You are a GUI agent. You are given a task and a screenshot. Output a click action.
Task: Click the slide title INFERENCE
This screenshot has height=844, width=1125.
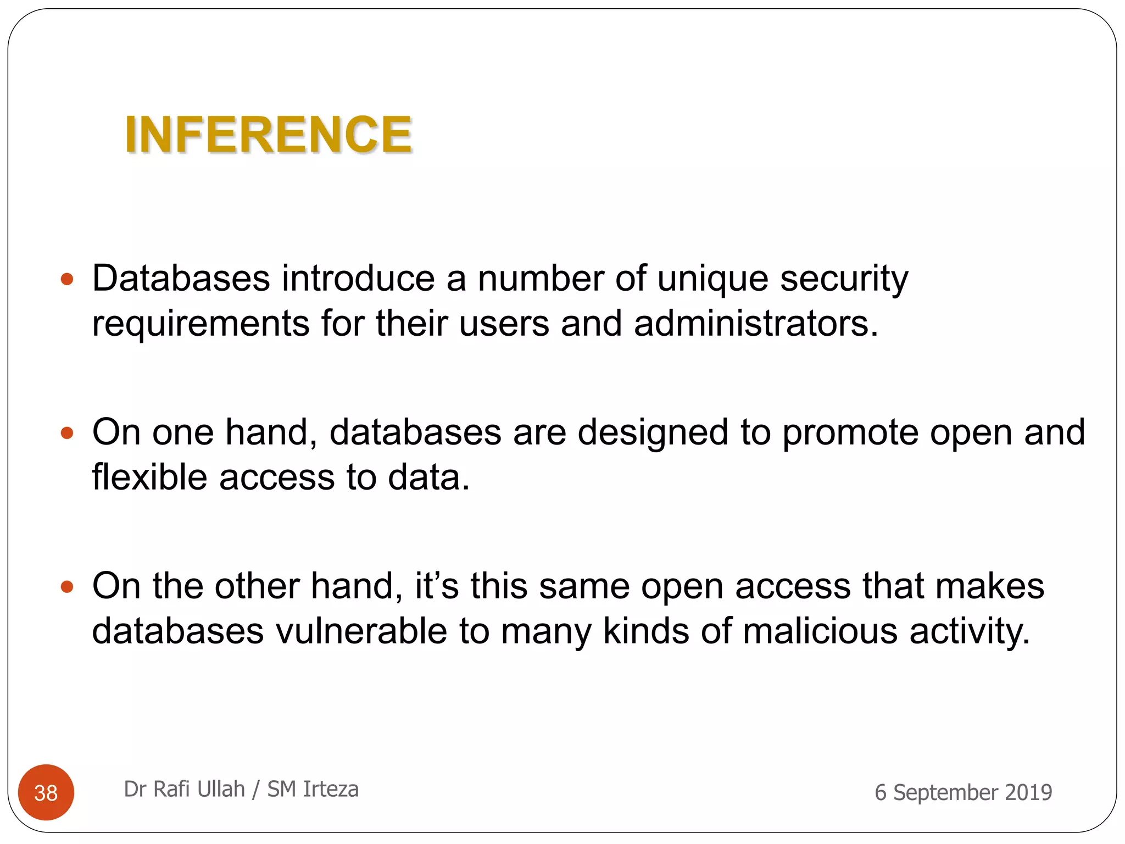point(268,135)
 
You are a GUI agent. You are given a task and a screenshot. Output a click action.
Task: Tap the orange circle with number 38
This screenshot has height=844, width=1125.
point(46,792)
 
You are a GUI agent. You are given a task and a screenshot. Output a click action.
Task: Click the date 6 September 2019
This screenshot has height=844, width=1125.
point(963,792)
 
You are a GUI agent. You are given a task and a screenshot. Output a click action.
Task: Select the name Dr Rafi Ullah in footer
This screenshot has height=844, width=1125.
point(184,789)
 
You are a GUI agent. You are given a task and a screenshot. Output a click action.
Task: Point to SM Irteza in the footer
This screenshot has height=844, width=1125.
point(313,789)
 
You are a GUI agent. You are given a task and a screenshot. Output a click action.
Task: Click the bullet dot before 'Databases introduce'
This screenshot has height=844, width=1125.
point(67,280)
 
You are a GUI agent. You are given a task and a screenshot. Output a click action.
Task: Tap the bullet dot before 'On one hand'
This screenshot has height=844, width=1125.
point(67,434)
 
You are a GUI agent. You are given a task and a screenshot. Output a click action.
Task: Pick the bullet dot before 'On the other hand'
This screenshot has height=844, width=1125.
point(67,587)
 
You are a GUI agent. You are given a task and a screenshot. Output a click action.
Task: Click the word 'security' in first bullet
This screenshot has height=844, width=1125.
point(844,279)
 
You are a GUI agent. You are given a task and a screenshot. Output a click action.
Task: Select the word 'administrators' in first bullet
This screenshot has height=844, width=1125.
point(755,323)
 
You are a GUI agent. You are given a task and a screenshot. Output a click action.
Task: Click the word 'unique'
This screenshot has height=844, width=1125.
point(712,279)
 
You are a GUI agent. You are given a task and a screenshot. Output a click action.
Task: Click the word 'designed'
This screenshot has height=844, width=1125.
point(653,433)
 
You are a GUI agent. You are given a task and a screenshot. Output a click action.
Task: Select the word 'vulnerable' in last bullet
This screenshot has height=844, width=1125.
point(361,631)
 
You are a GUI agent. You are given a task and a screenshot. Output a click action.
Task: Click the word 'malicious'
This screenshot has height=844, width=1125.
point(820,631)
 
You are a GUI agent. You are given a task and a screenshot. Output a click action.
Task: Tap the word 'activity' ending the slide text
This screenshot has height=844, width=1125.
point(969,631)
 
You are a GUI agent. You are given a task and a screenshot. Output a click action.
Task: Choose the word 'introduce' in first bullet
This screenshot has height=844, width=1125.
point(358,279)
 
